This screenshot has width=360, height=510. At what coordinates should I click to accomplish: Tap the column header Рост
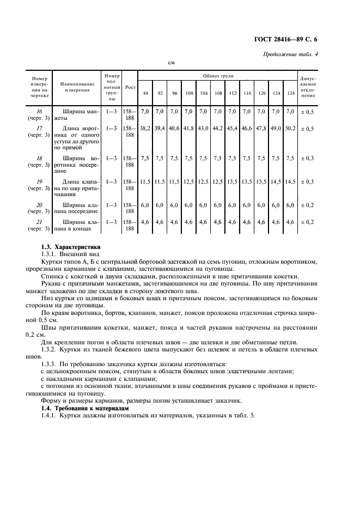click(x=130, y=87)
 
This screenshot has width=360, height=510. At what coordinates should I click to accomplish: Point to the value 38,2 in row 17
click(x=145, y=129)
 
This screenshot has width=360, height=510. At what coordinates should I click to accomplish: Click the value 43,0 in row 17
click(x=203, y=129)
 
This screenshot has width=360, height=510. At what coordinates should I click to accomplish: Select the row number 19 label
click(x=39, y=180)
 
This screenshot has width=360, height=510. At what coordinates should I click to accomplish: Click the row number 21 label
click(x=39, y=222)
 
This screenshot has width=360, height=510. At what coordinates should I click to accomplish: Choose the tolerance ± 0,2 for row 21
click(x=308, y=222)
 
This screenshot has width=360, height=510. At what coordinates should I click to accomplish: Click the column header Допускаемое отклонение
click(x=308, y=87)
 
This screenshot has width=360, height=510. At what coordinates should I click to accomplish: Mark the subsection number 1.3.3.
click(x=52, y=363)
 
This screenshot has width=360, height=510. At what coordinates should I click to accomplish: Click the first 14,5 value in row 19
click(x=276, y=180)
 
